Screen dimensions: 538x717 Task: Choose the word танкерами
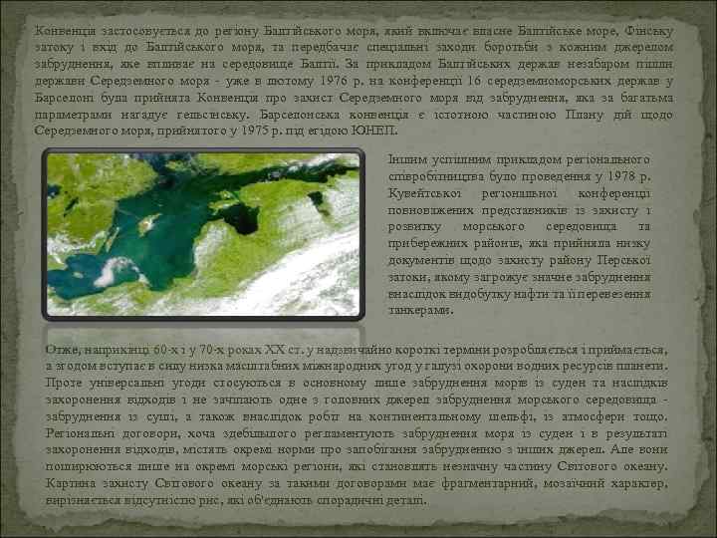pyautogui.click(x=422, y=310)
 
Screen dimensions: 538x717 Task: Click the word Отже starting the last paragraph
pyautogui.click(x=62, y=350)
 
